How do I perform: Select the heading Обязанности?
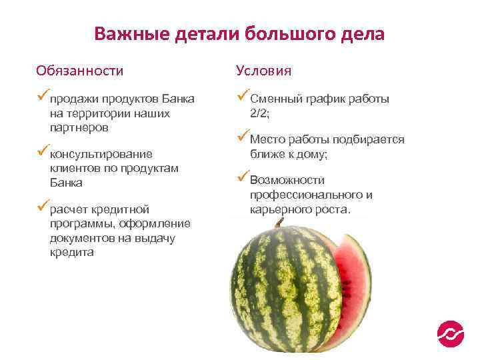[80, 71]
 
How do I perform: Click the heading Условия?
[263, 71]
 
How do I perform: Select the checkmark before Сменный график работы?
[243, 97]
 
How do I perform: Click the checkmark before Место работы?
[243, 138]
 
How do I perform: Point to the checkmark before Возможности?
[243, 178]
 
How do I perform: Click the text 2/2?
[260, 114]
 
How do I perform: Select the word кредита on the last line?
[71, 253]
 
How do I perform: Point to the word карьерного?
[275, 209]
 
